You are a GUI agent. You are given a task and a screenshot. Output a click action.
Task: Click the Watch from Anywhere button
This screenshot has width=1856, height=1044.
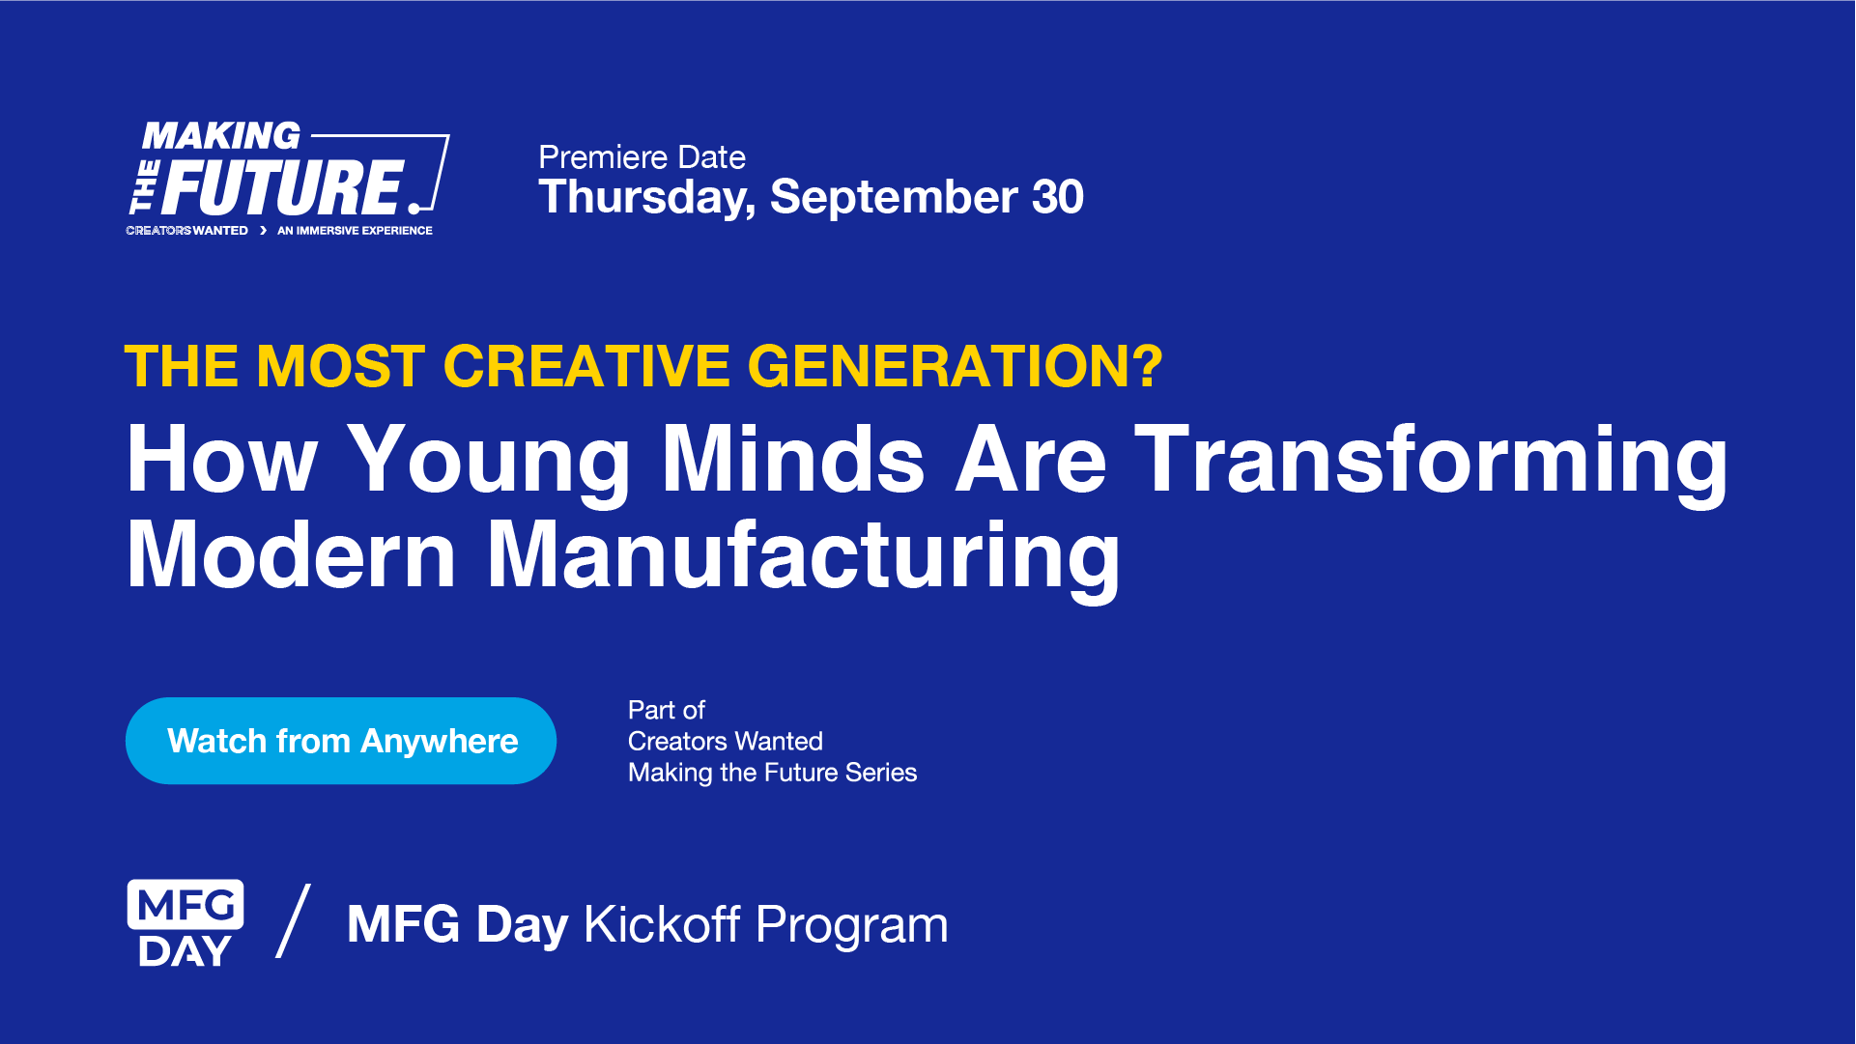click(341, 741)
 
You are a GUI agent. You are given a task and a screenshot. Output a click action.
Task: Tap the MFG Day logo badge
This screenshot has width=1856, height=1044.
click(186, 923)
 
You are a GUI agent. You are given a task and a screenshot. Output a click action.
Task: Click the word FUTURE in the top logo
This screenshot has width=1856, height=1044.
click(282, 187)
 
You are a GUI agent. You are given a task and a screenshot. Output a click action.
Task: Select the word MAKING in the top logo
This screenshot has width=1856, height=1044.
click(221, 136)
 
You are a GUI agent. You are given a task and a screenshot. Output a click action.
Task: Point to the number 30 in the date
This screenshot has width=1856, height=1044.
click(1057, 197)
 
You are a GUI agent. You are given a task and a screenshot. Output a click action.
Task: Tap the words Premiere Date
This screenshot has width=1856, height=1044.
click(642, 156)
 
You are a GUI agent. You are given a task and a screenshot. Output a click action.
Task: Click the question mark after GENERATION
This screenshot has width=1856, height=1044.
click(1147, 366)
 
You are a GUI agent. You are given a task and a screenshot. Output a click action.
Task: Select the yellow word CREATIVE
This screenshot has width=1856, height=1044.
click(586, 366)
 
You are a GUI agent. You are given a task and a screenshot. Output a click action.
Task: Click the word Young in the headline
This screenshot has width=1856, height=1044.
click(488, 461)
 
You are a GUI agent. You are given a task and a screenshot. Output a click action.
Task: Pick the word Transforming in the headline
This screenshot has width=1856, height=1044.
click(1431, 461)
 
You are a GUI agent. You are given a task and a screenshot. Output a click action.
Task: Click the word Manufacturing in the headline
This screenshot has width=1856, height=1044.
click(803, 555)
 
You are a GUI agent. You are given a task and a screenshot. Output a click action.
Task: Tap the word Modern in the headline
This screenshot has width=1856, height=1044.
click(291, 555)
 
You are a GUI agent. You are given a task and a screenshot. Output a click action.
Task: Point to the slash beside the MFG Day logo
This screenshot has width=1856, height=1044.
click(294, 921)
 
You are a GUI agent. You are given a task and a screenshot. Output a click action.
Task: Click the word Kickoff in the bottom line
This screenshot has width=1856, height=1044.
click(662, 924)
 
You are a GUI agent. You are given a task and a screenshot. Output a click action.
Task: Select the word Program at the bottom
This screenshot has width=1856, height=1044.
click(851, 926)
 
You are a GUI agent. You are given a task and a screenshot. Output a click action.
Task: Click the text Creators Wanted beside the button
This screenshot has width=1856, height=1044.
click(725, 741)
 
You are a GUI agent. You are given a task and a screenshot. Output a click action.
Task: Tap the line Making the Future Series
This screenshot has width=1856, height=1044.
click(772, 773)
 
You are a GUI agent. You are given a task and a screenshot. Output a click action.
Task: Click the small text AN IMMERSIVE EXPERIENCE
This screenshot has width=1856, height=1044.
click(355, 231)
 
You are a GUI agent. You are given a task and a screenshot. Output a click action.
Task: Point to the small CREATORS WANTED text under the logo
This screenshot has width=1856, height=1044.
click(186, 231)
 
